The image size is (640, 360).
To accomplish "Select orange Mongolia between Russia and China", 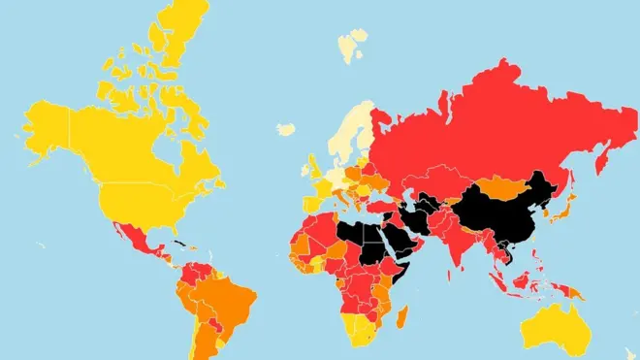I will [x=499, y=185].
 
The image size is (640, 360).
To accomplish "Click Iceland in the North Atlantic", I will [x=286, y=128].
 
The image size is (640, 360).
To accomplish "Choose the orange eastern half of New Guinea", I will [x=573, y=292].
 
